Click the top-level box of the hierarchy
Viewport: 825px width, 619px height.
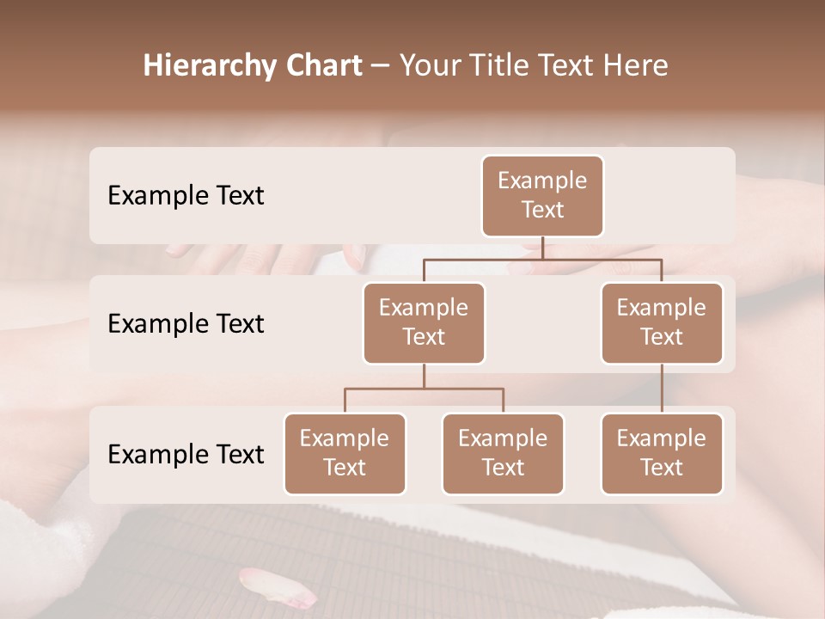(542, 195)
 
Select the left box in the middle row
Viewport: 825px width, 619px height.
(424, 322)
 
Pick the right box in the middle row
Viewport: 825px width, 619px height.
(662, 322)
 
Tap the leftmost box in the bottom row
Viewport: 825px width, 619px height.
(345, 453)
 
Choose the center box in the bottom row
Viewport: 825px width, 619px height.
(503, 453)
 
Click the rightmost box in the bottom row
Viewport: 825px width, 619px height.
(662, 453)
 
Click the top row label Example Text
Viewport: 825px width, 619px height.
(186, 196)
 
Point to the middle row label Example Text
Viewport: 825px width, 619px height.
(186, 324)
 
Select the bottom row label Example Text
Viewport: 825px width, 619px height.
(186, 454)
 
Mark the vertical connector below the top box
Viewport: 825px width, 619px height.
(542, 248)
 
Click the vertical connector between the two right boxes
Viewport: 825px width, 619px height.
(662, 389)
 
